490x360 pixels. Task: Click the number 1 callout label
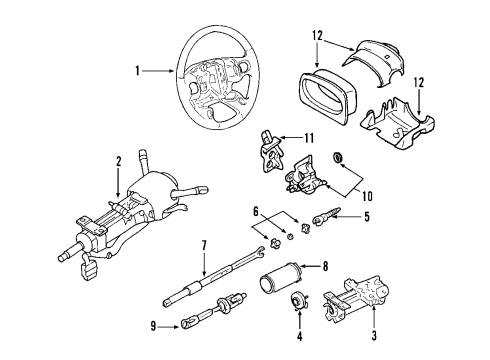click(x=138, y=71)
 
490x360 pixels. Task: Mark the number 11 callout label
click(x=310, y=139)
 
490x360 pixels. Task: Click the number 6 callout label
click(x=255, y=238)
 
